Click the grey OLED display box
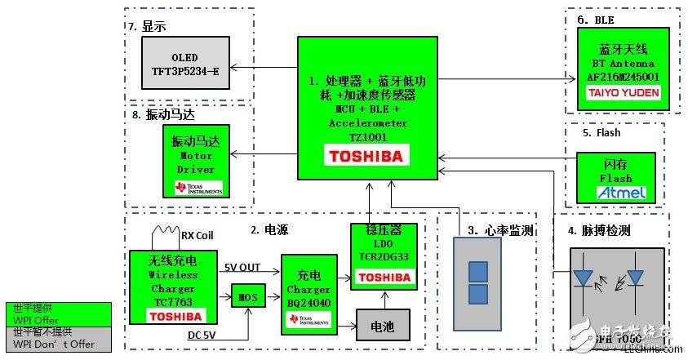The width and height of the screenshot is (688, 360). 184,64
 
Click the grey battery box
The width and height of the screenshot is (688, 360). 382,327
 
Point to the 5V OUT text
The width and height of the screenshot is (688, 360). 243,266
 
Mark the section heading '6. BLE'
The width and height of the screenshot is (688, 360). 595,20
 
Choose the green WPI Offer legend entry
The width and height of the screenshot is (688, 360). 58,313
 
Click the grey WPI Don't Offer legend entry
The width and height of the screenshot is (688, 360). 58,338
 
